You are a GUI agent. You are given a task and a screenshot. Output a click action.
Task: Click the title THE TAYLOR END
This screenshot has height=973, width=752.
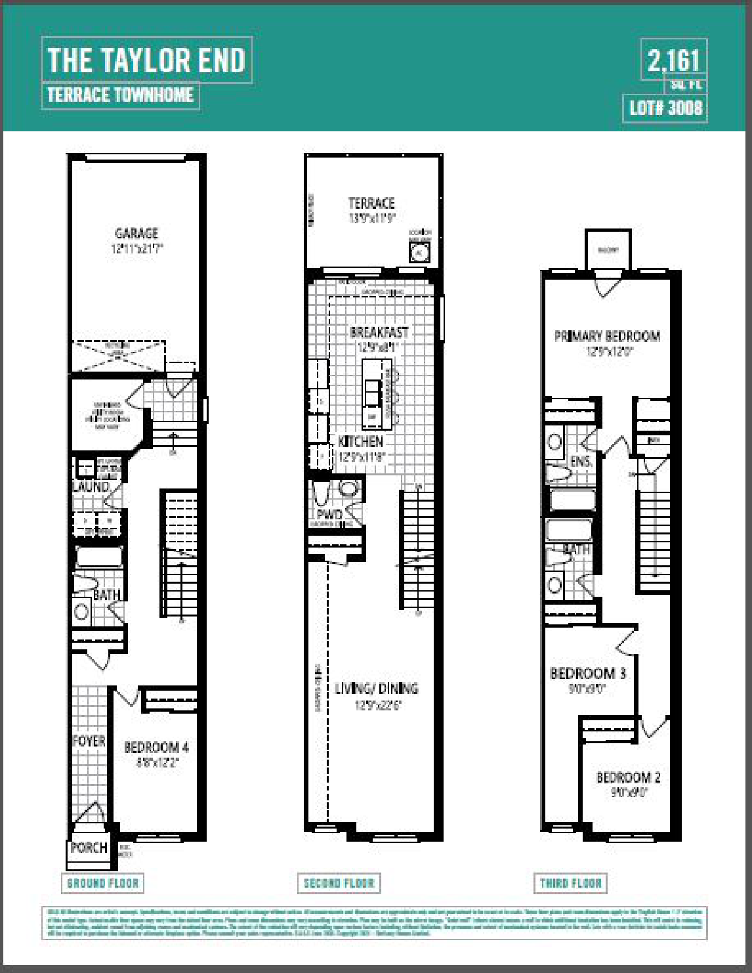coord(146,60)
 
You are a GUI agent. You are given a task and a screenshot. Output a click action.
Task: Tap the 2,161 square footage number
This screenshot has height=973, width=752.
coord(673,61)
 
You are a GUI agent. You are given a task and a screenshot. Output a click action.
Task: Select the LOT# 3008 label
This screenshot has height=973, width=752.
coord(665,108)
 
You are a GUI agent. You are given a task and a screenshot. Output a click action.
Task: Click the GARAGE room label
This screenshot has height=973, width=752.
coord(136,233)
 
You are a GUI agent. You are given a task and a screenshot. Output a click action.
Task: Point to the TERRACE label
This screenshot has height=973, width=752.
coord(371,204)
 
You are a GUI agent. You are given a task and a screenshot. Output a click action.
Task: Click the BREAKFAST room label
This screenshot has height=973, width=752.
coord(379,332)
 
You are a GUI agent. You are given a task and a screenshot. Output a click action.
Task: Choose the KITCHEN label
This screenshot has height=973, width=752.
coord(360,441)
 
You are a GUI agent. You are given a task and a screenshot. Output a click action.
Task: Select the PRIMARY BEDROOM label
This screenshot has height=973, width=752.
coord(607,336)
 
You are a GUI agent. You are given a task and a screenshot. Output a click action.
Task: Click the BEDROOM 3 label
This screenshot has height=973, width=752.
coord(587,673)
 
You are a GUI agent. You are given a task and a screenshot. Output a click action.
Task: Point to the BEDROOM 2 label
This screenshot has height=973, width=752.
coord(628,777)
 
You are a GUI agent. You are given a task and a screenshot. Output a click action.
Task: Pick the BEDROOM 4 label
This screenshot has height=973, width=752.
coord(156,747)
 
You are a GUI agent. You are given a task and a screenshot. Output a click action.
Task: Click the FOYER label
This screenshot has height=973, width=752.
coord(89,741)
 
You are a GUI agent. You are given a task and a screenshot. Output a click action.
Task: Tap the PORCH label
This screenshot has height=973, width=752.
coord(89,848)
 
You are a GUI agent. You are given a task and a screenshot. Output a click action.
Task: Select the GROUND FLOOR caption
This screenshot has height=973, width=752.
coord(103,883)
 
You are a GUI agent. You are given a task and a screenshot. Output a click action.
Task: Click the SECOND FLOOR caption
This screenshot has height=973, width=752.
coord(339,883)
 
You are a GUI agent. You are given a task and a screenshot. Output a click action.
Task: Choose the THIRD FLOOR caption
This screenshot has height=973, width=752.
coord(570,883)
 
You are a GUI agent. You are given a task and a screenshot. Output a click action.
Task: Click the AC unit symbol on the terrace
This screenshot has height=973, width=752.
coord(419,251)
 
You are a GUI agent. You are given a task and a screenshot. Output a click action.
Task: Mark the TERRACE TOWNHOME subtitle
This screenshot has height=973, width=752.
coord(120,95)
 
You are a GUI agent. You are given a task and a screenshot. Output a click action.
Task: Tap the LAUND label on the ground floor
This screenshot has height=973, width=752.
coord(91,486)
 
